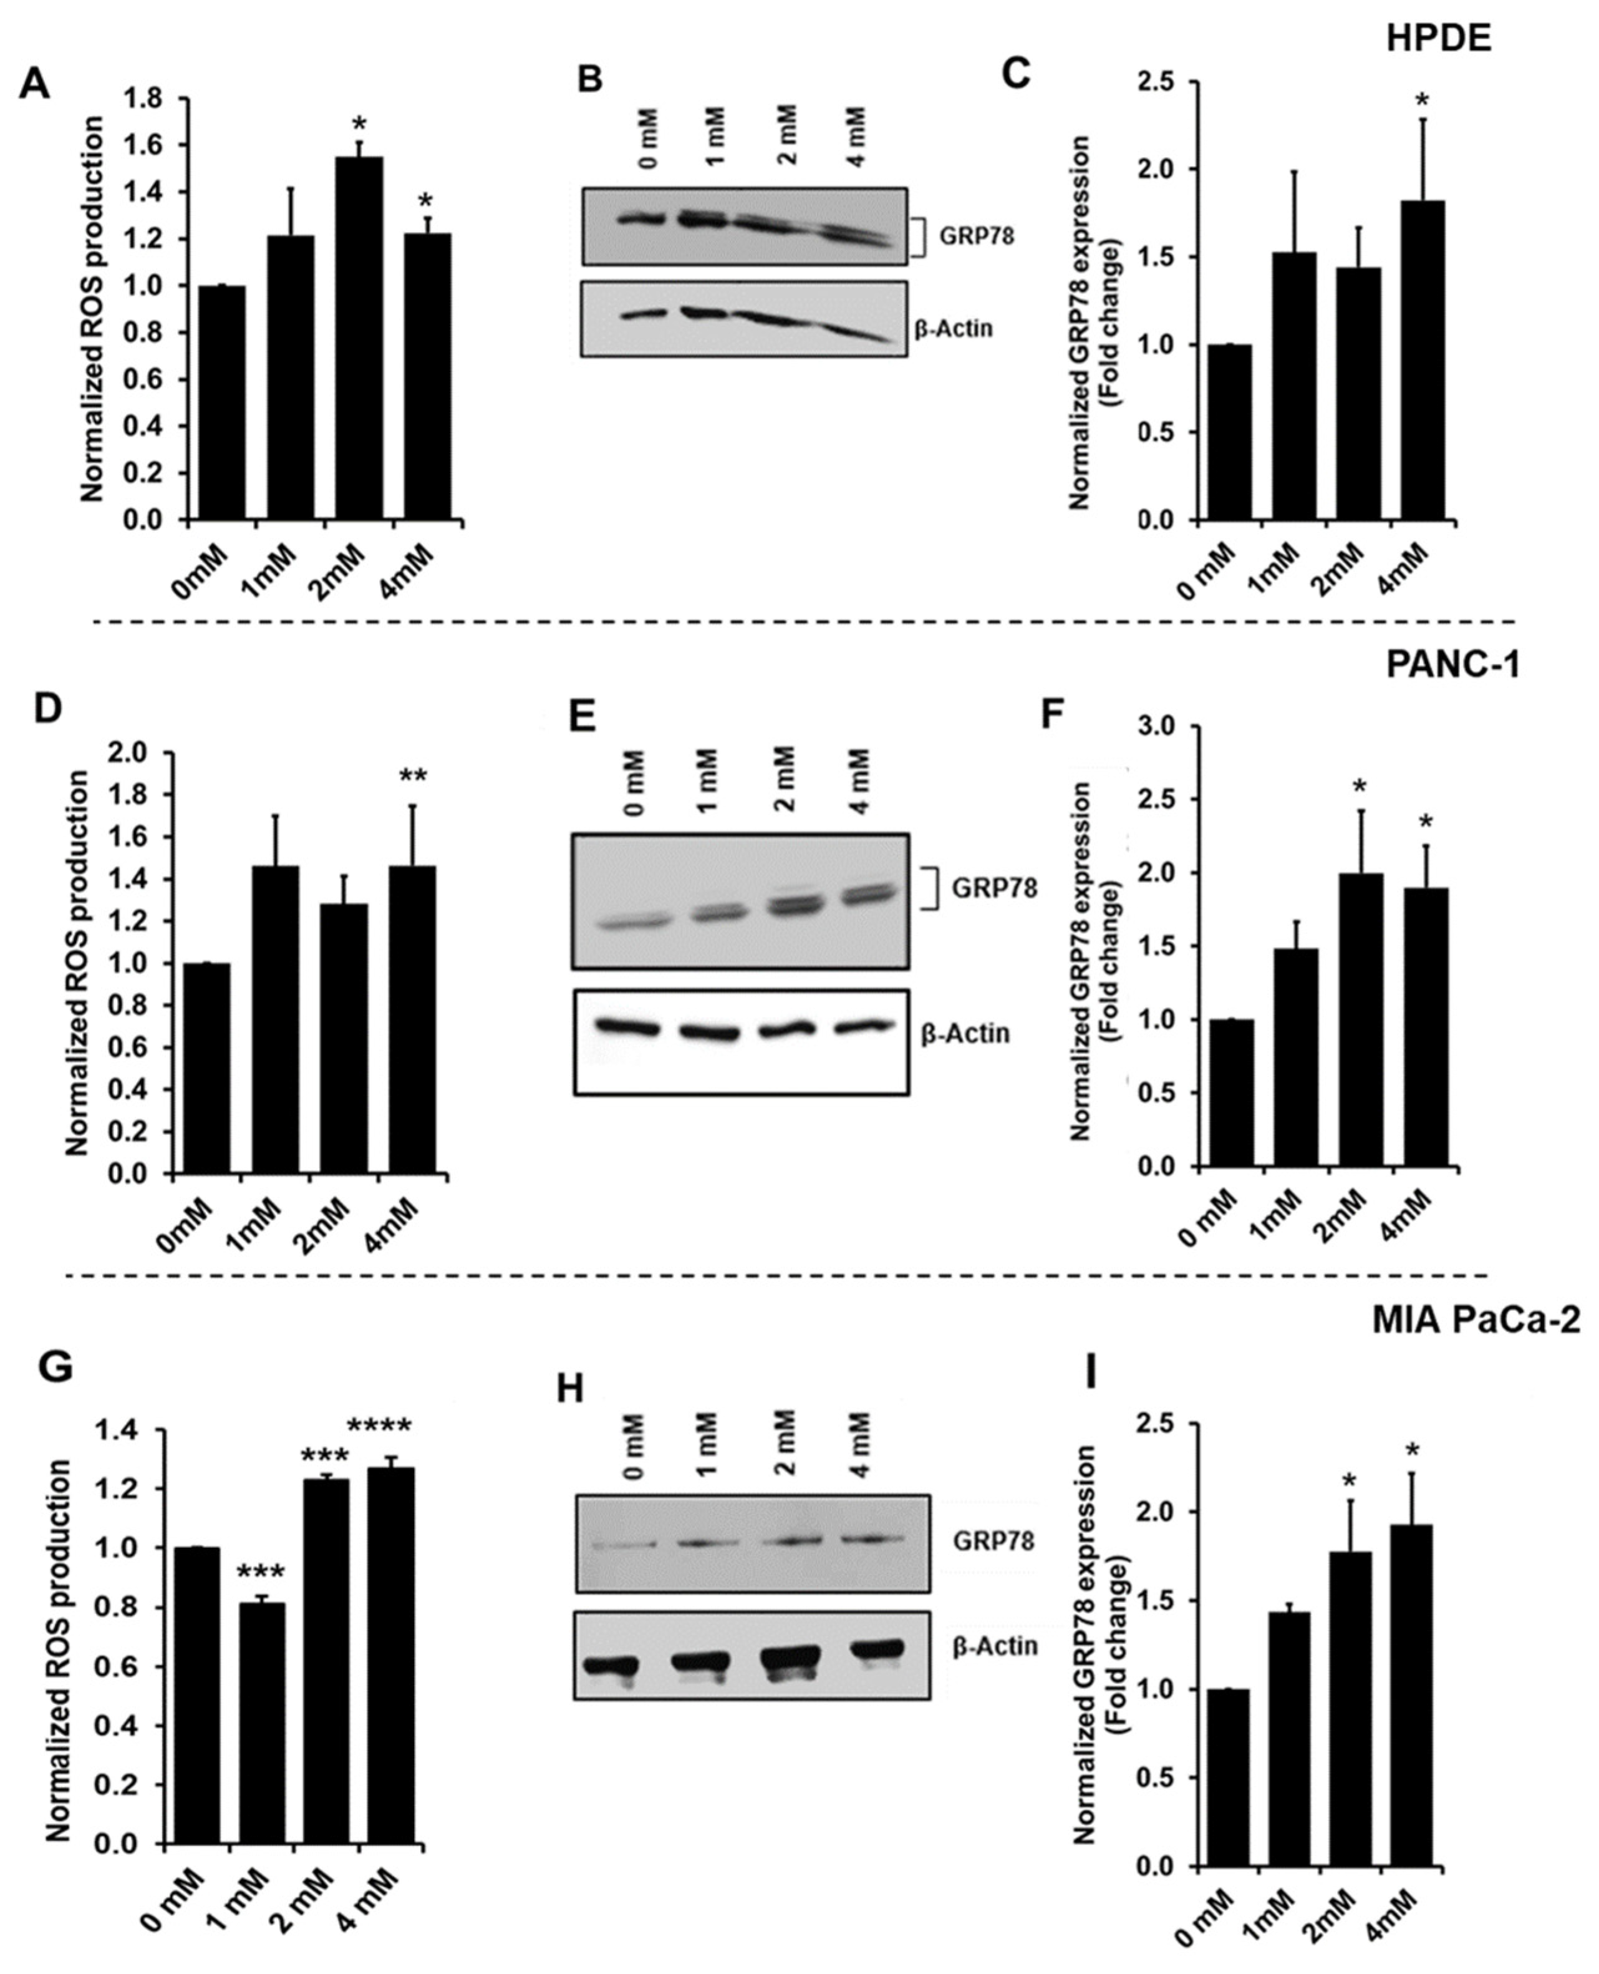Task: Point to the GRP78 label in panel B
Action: [x=977, y=236]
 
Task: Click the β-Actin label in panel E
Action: [x=965, y=1034]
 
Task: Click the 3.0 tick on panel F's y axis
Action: [x=1165, y=726]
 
